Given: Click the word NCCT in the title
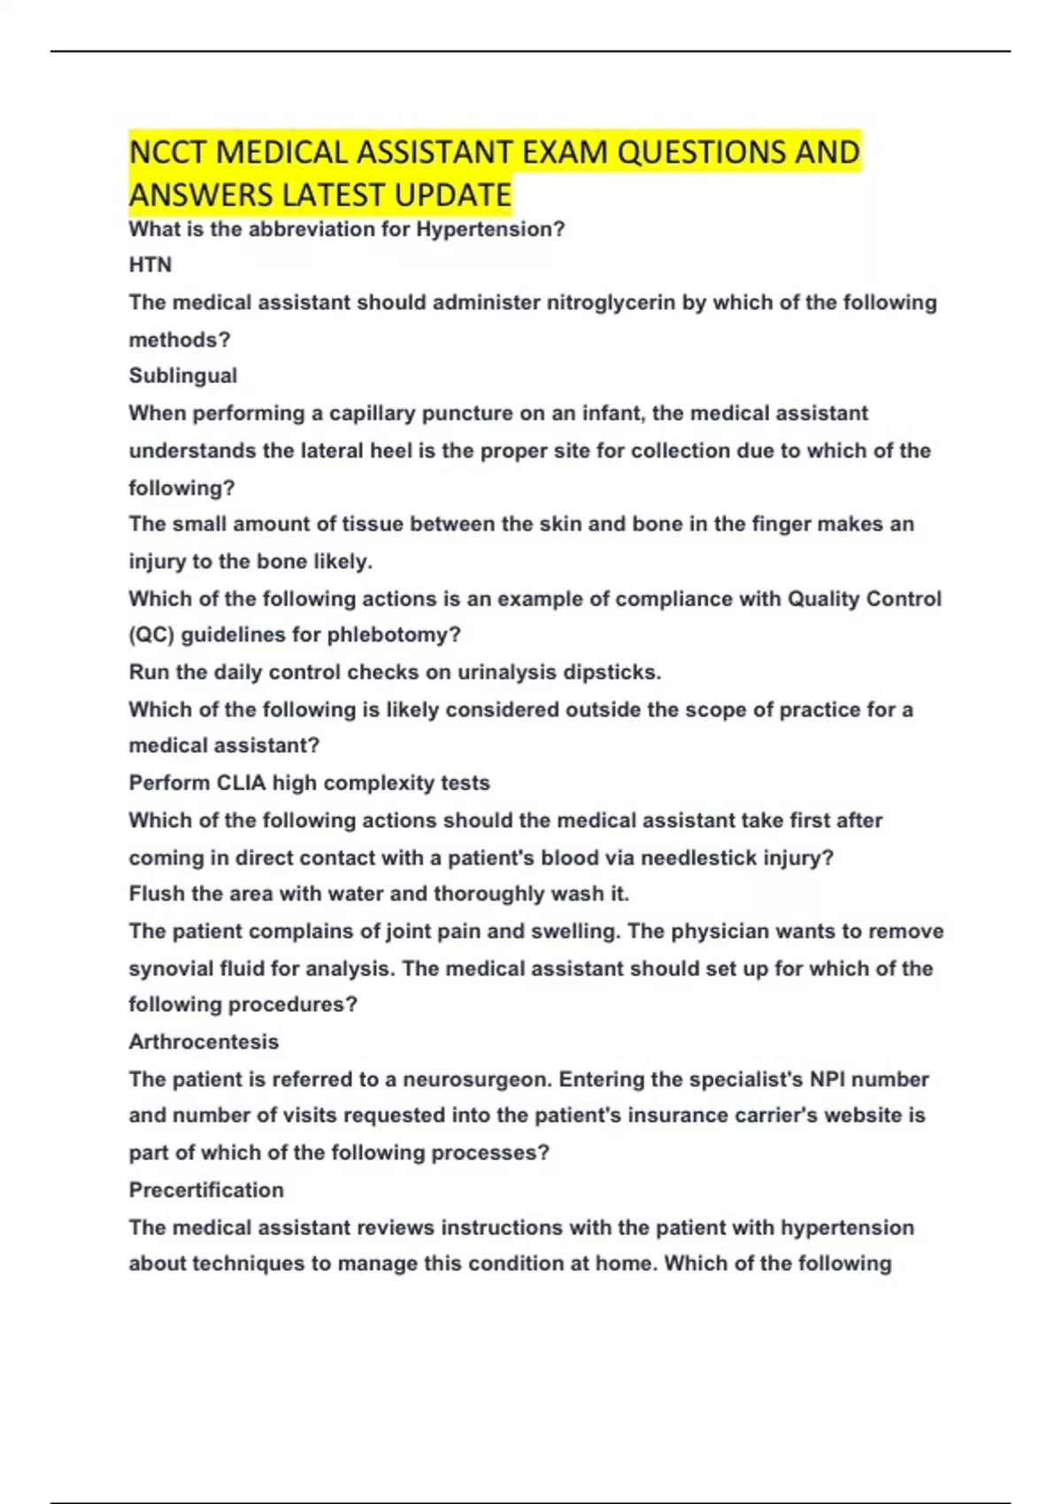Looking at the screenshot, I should coord(168,153).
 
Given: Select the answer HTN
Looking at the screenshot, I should coord(150,265).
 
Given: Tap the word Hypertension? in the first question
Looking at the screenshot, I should coord(490,229).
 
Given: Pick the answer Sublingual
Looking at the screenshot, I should coord(183,376).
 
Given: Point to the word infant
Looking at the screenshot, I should coord(612,413).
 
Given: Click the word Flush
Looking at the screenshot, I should coord(156,894).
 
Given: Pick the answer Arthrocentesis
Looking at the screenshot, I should coord(204,1042).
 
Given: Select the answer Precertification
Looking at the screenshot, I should coord(206,1190).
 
